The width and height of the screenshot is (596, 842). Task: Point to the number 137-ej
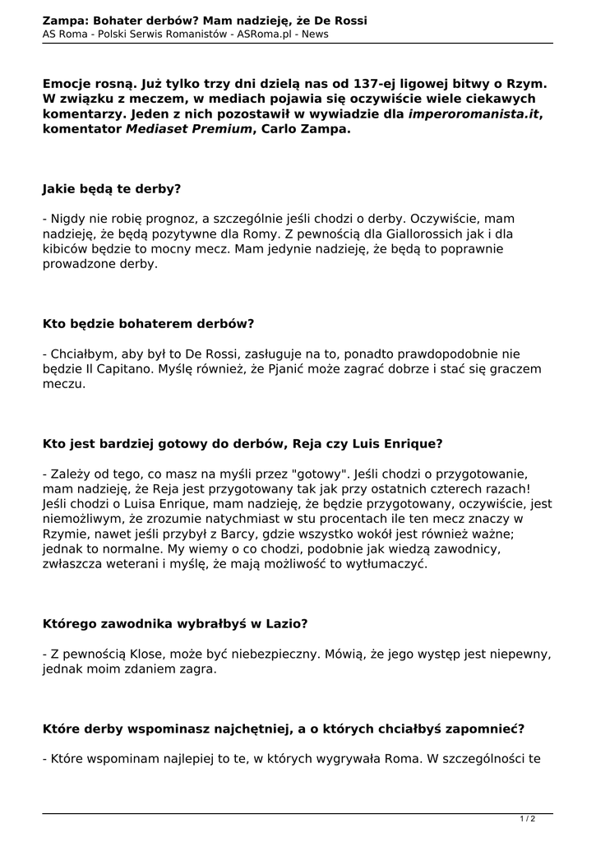[375, 84]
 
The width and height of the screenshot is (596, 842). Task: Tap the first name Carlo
[284, 130]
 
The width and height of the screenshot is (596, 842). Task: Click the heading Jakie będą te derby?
[112, 188]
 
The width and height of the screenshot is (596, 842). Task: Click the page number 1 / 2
[528, 818]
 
